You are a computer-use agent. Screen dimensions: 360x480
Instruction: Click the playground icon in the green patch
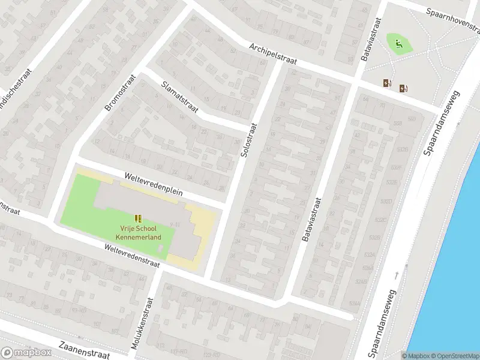(398, 43)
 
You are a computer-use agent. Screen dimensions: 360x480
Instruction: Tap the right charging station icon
(403, 88)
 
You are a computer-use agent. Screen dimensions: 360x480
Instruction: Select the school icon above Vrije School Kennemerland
(139, 218)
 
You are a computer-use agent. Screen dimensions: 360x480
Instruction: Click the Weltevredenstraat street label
(131, 255)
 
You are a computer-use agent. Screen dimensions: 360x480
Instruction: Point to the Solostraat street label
(248, 140)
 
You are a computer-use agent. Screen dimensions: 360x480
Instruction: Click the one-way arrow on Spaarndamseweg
(397, 275)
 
